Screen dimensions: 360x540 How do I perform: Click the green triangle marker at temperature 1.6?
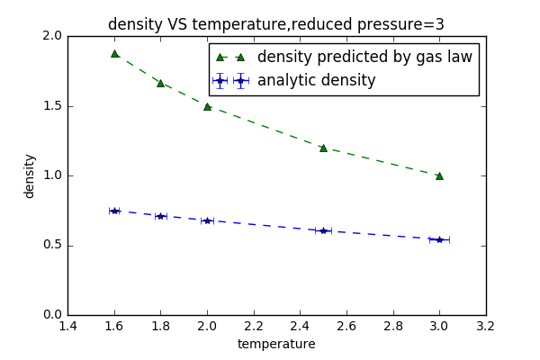114,53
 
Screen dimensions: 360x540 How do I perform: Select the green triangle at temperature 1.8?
160,83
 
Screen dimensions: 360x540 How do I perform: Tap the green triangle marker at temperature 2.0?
207,106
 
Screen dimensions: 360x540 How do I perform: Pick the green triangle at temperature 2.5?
323,148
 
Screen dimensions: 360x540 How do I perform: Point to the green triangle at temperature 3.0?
439,175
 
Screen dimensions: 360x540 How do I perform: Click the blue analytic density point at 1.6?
114,211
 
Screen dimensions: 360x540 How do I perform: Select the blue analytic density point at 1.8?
160,216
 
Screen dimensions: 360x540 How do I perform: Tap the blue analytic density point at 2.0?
207,220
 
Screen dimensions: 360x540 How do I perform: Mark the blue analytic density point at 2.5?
323,230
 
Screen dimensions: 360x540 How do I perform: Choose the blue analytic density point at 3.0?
439,239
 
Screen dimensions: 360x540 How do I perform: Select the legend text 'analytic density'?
316,81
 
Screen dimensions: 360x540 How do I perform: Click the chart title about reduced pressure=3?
276,24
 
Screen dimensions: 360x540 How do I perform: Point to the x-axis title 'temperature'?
276,344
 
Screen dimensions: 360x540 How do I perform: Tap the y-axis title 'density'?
30,175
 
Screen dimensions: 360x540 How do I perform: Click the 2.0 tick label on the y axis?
52,36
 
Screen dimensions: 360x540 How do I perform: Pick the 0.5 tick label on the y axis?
52,245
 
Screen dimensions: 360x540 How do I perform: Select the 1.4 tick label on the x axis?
67,327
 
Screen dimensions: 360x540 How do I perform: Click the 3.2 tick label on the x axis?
486,327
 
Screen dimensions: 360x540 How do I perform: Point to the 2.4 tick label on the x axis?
300,327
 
